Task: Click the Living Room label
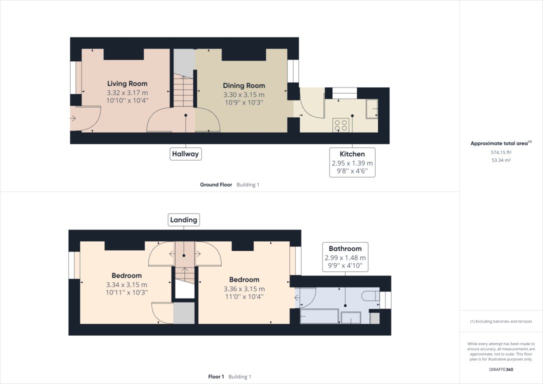pos(127,83)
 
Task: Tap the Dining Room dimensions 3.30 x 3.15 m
pos(243,94)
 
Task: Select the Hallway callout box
pos(185,154)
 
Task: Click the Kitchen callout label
pos(352,154)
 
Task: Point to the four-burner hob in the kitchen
pos(341,125)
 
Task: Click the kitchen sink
pos(371,108)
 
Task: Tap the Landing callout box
pos(183,219)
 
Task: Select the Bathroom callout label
pos(345,248)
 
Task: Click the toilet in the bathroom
pos(370,296)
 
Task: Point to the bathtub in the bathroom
pos(319,316)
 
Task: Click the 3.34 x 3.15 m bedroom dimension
pos(126,284)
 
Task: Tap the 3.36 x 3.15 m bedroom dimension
pos(244,288)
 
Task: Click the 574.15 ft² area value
pos(501,152)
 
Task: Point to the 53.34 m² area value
pos(501,160)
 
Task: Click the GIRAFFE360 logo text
pos(501,369)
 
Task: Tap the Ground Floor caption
pos(216,184)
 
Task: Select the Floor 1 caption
pos(216,376)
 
